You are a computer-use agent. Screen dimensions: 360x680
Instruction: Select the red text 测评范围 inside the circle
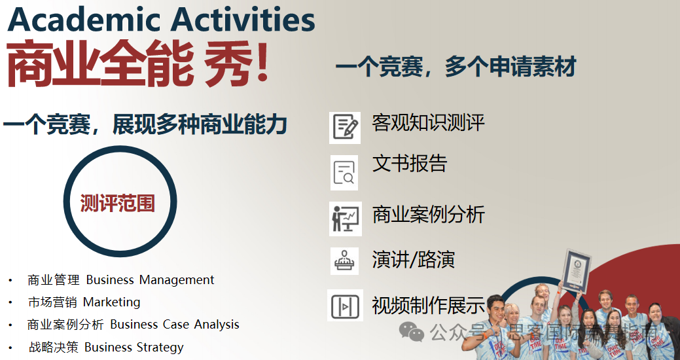pyautogui.click(x=118, y=204)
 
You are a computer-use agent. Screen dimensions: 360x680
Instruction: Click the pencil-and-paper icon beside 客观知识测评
pyautogui.click(x=345, y=127)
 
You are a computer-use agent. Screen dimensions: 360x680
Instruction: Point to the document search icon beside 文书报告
pyautogui.click(x=344, y=172)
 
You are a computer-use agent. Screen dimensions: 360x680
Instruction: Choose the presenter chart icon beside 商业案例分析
pyautogui.click(x=345, y=218)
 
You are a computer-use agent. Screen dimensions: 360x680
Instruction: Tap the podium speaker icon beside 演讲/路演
pyautogui.click(x=344, y=261)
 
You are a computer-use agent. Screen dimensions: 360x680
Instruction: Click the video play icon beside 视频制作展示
pyautogui.click(x=345, y=305)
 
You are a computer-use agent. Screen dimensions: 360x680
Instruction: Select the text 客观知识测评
pyautogui.click(x=428, y=123)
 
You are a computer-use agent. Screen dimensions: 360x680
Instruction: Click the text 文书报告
pyautogui.click(x=409, y=164)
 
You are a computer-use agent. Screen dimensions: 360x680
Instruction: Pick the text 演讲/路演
pyautogui.click(x=413, y=260)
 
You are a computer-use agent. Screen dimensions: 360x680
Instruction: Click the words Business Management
pyautogui.click(x=150, y=280)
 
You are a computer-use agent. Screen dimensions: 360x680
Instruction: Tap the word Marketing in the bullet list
pyautogui.click(x=111, y=302)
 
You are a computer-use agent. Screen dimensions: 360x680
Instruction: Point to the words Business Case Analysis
pyautogui.click(x=174, y=325)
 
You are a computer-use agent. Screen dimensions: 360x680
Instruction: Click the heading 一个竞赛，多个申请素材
pyautogui.click(x=456, y=67)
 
